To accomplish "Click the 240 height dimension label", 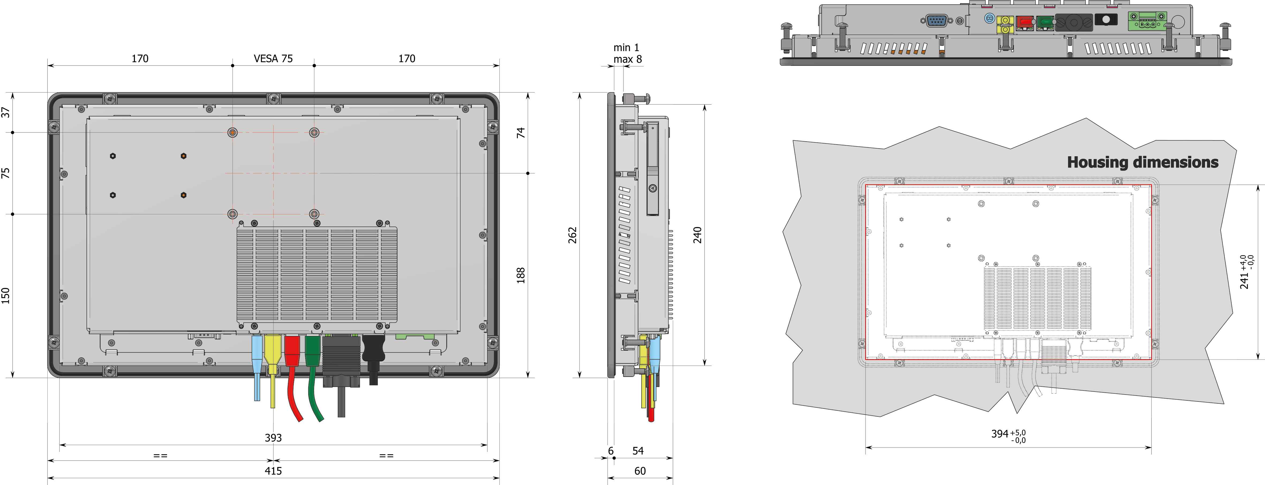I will point(697,235).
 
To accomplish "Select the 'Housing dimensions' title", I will point(1142,162).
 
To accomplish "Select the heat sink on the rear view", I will point(317,275).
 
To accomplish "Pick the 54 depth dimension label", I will point(638,451).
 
